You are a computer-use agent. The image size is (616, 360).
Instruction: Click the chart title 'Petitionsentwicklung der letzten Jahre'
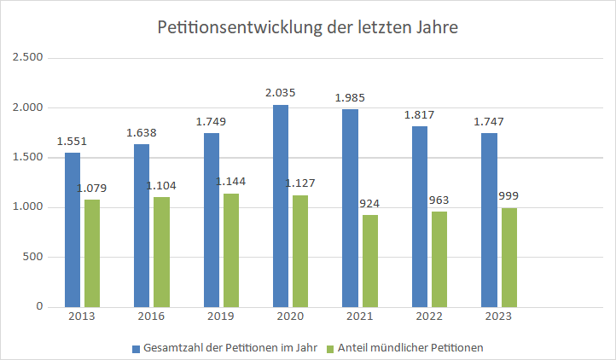[308, 27]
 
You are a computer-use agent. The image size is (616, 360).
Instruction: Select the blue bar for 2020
[281, 206]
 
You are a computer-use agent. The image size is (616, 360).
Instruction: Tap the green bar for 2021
[369, 260]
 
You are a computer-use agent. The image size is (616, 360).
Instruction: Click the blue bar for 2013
[73, 229]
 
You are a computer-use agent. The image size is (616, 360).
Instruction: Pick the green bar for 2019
[231, 250]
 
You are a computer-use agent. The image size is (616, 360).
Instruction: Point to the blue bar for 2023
[489, 220]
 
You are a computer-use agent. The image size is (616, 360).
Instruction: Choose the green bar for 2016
[161, 252]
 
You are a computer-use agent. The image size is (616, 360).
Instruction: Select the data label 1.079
[92, 189]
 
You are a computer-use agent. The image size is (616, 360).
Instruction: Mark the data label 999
[509, 195]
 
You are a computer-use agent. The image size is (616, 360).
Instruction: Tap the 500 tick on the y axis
[32, 257]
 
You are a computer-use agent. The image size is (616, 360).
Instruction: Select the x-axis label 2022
[429, 316]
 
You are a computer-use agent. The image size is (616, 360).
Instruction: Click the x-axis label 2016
[151, 316]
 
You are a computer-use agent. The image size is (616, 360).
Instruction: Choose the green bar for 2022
[439, 258]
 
